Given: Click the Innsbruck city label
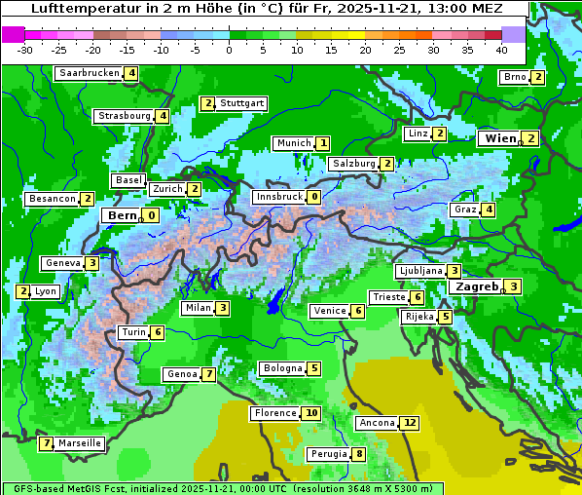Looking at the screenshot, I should click(x=278, y=197).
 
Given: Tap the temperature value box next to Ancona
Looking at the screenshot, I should click(x=409, y=423).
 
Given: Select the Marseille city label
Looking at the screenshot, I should click(x=80, y=443).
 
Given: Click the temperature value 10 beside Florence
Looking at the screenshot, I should click(x=310, y=413).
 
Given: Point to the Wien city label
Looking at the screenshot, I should click(x=500, y=139).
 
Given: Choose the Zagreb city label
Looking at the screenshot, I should click(x=476, y=286).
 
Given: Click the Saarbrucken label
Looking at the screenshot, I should click(x=89, y=73).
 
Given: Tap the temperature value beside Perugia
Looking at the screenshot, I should click(x=358, y=454).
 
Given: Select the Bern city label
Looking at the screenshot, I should click(x=123, y=215).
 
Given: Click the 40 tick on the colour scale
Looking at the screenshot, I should click(x=501, y=49).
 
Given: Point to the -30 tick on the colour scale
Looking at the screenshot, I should click(x=25, y=49).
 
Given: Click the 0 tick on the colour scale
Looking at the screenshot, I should click(x=229, y=49).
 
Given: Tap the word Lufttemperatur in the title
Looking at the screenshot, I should click(x=79, y=9).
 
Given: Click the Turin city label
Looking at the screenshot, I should click(x=133, y=332).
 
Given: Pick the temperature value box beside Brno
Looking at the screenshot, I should click(x=537, y=77).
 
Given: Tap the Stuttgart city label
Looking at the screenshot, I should click(x=241, y=103).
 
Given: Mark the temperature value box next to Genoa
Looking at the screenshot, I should click(x=208, y=374).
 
